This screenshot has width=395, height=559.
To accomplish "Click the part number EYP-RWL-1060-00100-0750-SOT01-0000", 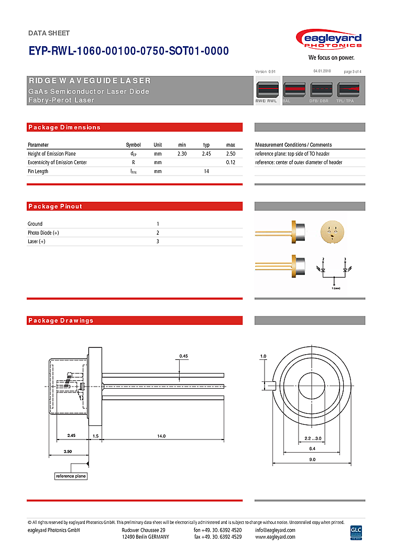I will pyautogui.click(x=128, y=51).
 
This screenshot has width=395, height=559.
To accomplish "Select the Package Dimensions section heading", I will pyautogui.click(x=64, y=127).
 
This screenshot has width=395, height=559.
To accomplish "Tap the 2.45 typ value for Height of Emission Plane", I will pyautogui.click(x=206, y=154).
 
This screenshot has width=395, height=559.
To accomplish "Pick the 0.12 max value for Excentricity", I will pyautogui.click(x=231, y=162).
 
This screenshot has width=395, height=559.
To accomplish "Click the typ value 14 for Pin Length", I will pyautogui.click(x=206, y=171).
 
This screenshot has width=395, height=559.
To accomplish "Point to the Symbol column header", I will pyautogui.click(x=133, y=145).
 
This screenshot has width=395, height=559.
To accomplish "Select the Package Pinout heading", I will pyautogui.click(x=56, y=206).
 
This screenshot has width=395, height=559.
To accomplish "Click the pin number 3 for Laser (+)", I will pyautogui.click(x=158, y=242).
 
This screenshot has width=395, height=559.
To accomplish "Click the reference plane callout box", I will pyautogui.click(x=71, y=476).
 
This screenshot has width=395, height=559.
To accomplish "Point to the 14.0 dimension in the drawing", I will pyautogui.click(x=161, y=436).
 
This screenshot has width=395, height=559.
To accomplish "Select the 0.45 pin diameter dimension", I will pyautogui.click(x=183, y=356).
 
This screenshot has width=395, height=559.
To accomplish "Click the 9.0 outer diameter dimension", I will pyautogui.click(x=312, y=459).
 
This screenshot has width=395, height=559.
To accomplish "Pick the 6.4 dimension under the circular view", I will pyautogui.click(x=312, y=448).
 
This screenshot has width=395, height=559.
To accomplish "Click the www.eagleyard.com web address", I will pyautogui.click(x=275, y=537).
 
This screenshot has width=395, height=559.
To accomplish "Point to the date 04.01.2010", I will pyautogui.click(x=322, y=71).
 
